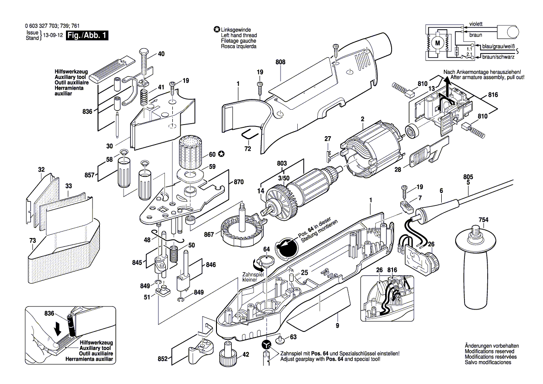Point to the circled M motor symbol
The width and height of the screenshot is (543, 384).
[437, 43]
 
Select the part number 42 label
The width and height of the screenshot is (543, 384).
[246, 354]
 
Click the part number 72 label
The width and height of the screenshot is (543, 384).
[247, 148]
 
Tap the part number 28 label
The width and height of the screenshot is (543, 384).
[397, 170]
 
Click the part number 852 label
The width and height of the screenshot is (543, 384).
[163, 359]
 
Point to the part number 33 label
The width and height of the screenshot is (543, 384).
[68, 186]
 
